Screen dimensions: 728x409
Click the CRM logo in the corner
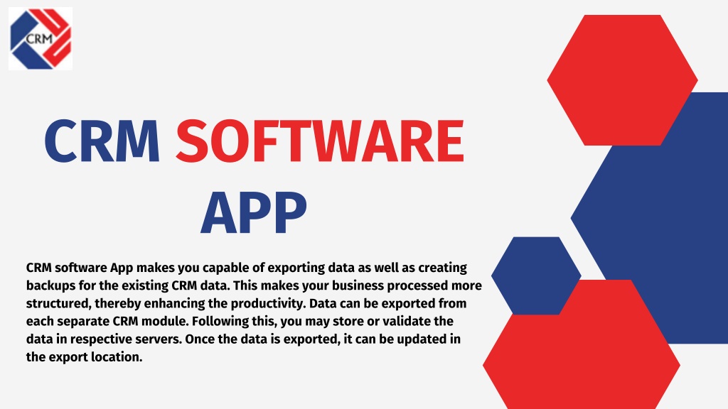(41, 38)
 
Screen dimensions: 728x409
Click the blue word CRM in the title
(102, 141)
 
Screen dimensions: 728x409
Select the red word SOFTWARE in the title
(320, 141)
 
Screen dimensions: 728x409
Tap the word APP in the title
(254, 213)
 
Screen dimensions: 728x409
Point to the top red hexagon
(622, 80)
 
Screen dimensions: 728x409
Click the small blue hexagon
(536, 276)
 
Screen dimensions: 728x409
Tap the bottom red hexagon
(582, 346)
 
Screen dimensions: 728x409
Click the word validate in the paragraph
(406, 322)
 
